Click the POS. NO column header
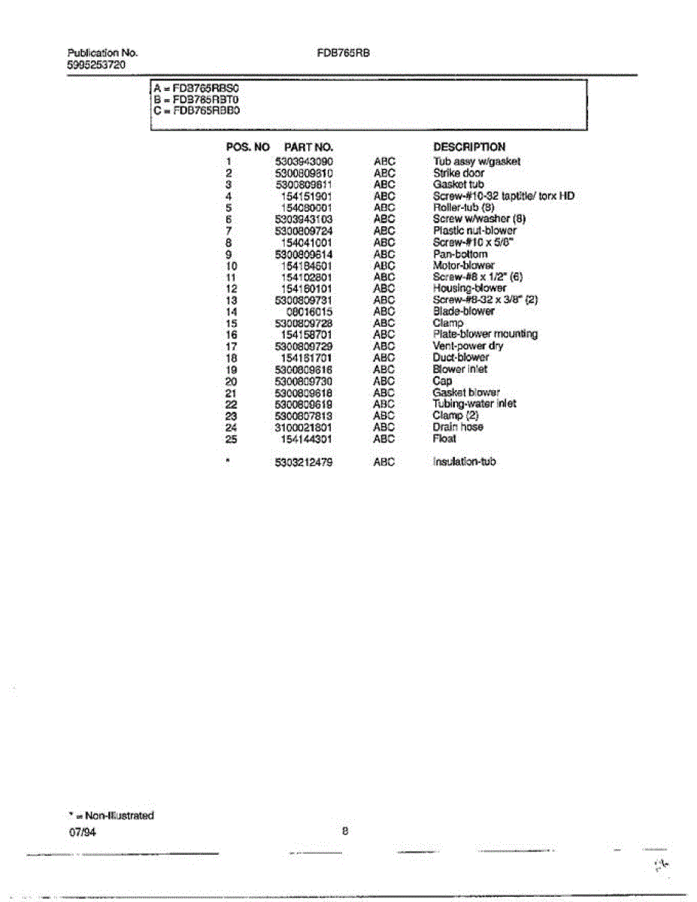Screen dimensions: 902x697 click(x=247, y=147)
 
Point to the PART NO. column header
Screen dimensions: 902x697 click(x=308, y=147)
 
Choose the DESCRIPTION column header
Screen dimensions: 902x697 click(x=469, y=147)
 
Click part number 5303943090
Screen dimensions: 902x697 click(x=304, y=162)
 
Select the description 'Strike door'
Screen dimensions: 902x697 click(x=459, y=173)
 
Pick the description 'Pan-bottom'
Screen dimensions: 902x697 click(x=460, y=254)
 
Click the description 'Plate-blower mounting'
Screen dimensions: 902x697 click(x=485, y=334)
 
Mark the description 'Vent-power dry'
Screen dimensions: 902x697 click(x=468, y=346)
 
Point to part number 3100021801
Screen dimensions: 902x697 click(x=304, y=427)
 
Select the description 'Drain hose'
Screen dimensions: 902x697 click(x=458, y=427)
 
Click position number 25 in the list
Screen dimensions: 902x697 click(x=231, y=439)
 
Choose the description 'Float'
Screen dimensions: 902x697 click(x=444, y=439)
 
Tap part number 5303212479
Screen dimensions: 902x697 click(x=304, y=462)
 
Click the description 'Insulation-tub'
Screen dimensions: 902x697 click(x=464, y=462)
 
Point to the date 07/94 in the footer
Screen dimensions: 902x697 click(x=82, y=834)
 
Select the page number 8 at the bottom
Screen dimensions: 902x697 click(x=345, y=831)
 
